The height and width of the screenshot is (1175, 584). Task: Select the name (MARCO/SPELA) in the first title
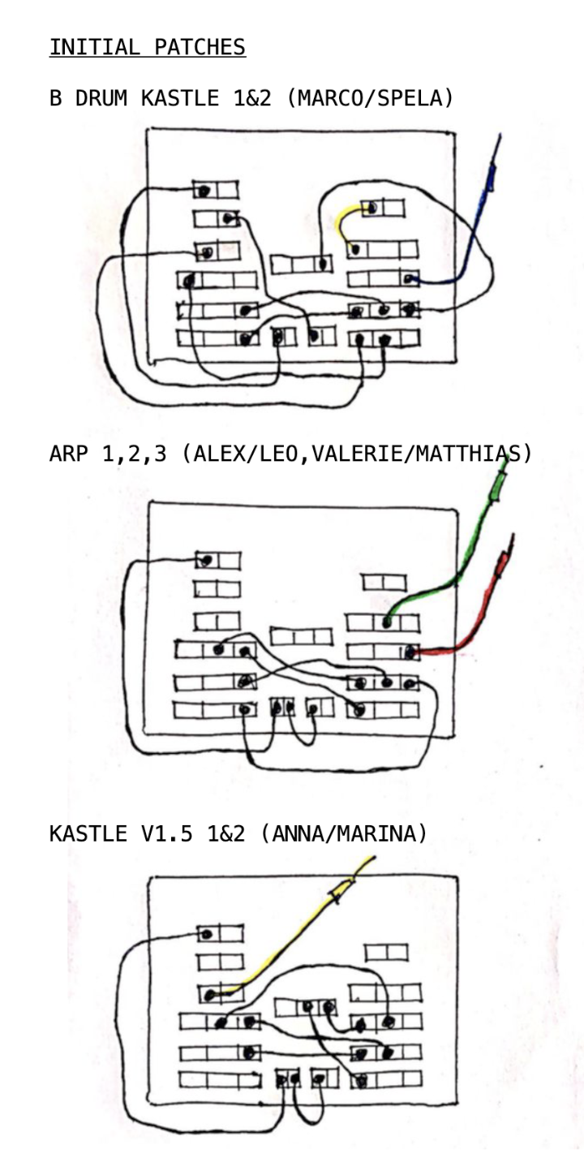tap(364, 99)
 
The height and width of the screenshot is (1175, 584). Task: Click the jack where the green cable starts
tap(387, 622)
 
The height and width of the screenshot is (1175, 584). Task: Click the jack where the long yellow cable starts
tap(211, 993)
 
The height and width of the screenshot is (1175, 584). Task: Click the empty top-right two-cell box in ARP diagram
tap(384, 582)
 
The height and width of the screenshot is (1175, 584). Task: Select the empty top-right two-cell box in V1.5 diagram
tap(386, 951)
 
